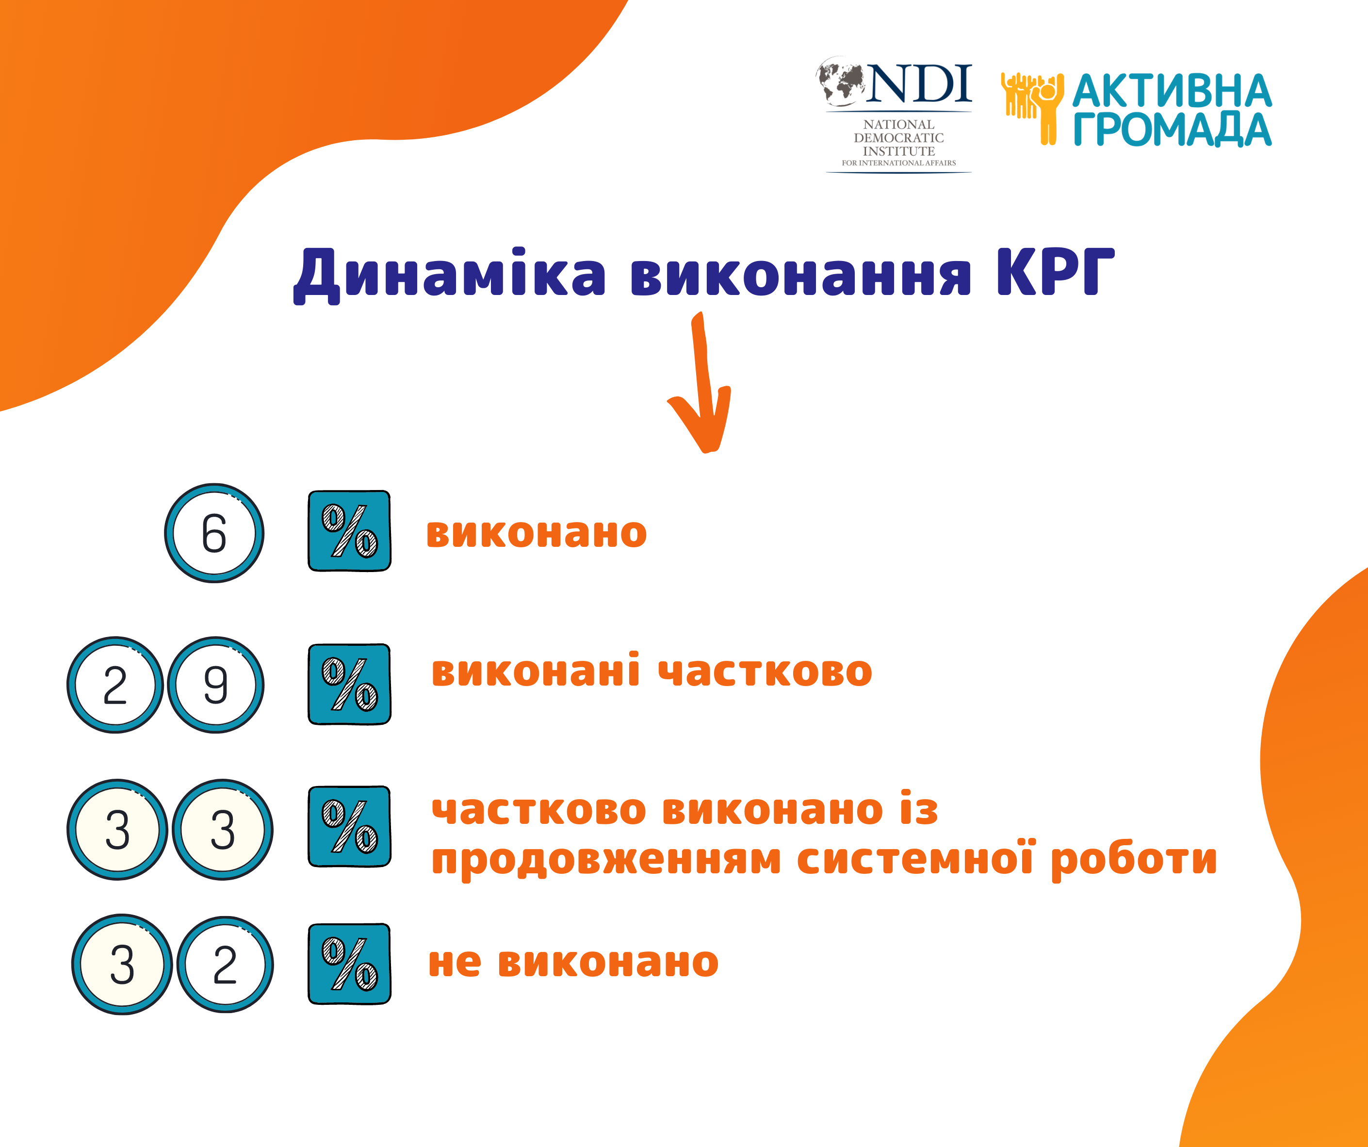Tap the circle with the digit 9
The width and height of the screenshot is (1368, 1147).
point(215,685)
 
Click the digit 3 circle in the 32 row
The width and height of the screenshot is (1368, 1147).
point(122,965)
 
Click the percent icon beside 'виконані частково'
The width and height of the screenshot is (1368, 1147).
point(350,684)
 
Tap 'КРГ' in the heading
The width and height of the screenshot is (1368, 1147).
point(1055,272)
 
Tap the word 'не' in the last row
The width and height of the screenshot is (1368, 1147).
point(455,963)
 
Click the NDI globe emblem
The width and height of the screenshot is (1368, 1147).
point(842,82)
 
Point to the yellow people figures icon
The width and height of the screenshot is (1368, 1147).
point(1032,108)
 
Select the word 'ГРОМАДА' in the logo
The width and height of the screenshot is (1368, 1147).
point(1173,129)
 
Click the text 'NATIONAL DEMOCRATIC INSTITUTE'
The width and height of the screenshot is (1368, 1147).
point(899,137)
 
